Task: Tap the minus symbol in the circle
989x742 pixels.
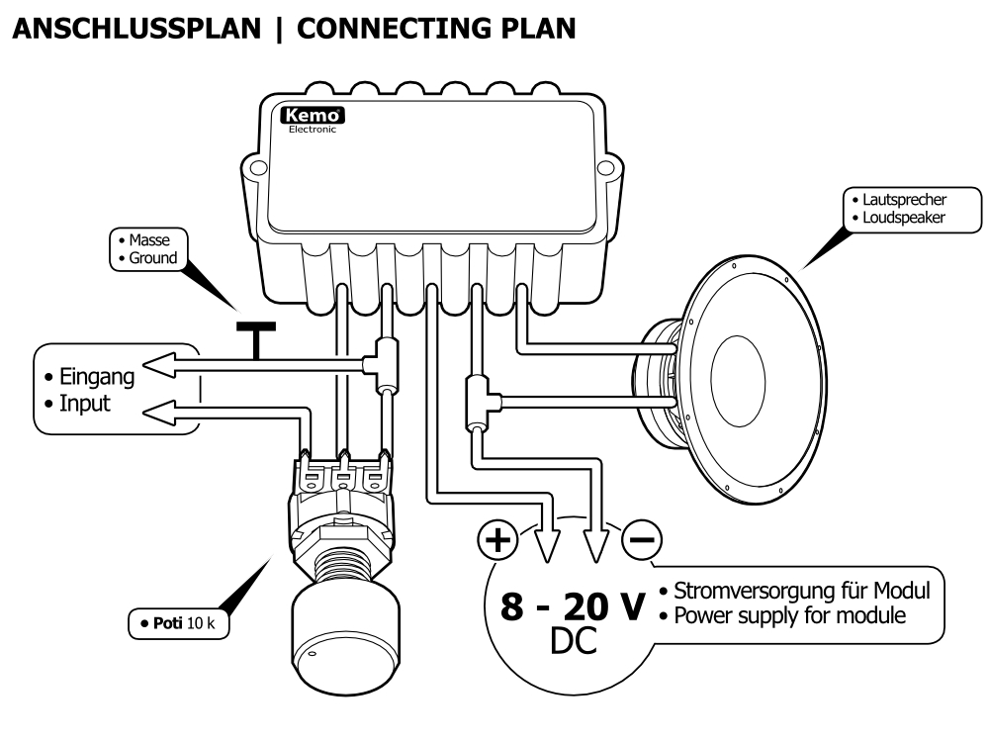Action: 642,539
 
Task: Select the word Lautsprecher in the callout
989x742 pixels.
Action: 894,200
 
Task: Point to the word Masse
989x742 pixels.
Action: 150,240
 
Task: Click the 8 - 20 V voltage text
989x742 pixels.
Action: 571,605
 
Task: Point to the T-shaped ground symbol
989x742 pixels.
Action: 255,337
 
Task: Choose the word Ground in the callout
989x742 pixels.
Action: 153,258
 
